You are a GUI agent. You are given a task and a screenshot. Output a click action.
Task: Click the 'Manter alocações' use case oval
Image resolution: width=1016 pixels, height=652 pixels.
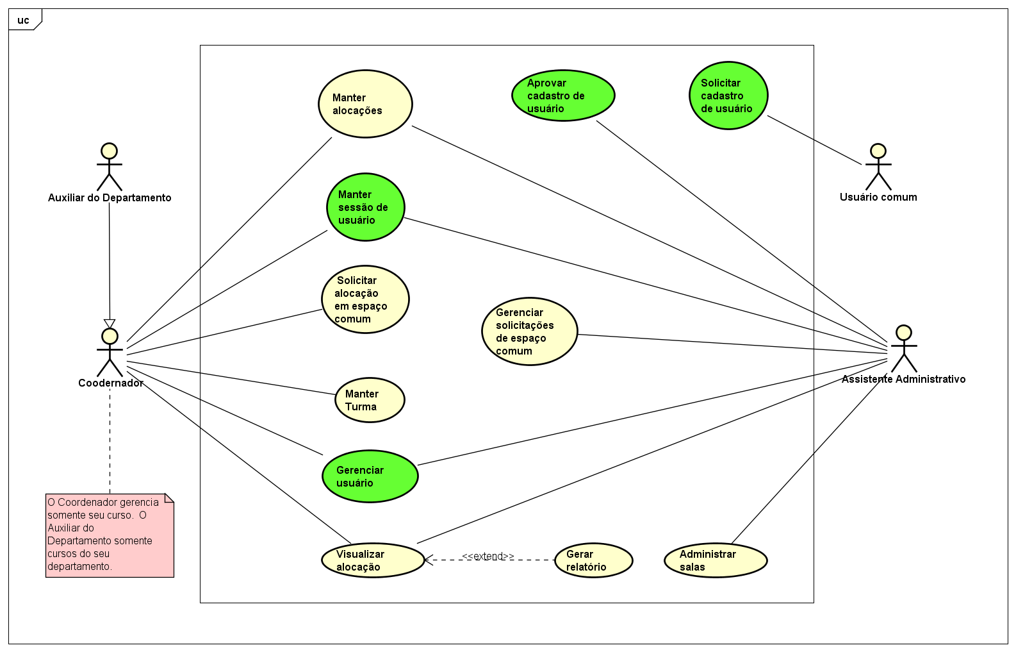click(365, 104)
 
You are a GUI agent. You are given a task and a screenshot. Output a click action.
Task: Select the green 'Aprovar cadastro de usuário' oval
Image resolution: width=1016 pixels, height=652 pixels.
click(563, 96)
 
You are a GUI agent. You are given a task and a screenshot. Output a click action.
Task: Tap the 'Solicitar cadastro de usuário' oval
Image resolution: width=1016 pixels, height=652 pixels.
click(728, 96)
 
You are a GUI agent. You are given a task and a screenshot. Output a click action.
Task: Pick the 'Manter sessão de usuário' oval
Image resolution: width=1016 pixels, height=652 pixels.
click(366, 207)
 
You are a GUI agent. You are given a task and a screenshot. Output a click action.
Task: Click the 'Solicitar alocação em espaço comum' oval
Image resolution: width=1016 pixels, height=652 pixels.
click(365, 299)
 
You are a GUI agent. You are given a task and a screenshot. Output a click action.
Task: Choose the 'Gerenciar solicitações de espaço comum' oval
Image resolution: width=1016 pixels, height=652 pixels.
click(529, 331)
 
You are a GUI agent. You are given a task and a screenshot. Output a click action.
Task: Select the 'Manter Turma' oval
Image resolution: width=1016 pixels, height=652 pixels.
click(370, 400)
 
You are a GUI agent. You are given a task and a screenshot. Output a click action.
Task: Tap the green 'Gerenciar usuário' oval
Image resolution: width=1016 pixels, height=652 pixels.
click(370, 476)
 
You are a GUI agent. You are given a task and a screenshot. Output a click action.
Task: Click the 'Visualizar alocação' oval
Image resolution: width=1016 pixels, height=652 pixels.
click(373, 560)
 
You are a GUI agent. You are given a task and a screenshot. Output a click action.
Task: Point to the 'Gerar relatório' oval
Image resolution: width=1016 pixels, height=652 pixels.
click(593, 560)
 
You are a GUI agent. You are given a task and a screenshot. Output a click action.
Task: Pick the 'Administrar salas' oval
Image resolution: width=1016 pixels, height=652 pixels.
click(715, 560)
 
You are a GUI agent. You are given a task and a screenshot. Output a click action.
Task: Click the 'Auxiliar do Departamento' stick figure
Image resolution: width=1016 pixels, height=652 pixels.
click(110, 167)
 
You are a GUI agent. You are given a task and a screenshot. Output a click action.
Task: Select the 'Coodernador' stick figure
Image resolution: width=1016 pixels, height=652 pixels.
click(110, 353)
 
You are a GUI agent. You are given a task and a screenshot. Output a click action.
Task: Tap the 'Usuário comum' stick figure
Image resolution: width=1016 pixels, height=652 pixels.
click(878, 167)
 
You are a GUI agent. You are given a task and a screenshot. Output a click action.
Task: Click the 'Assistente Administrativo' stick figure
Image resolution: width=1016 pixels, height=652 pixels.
click(903, 349)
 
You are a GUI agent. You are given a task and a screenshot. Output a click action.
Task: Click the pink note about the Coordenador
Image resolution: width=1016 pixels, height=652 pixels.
click(110, 535)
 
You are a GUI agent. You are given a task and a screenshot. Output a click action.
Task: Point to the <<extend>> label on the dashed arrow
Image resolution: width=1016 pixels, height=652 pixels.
click(488, 556)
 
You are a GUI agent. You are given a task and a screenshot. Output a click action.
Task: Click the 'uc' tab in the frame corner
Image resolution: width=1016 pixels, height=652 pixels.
click(24, 21)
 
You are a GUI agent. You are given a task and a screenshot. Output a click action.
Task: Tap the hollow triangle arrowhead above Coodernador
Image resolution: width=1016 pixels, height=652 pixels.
click(110, 324)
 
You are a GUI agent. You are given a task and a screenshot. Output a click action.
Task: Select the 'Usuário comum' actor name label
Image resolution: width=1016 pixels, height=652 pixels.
click(878, 197)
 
